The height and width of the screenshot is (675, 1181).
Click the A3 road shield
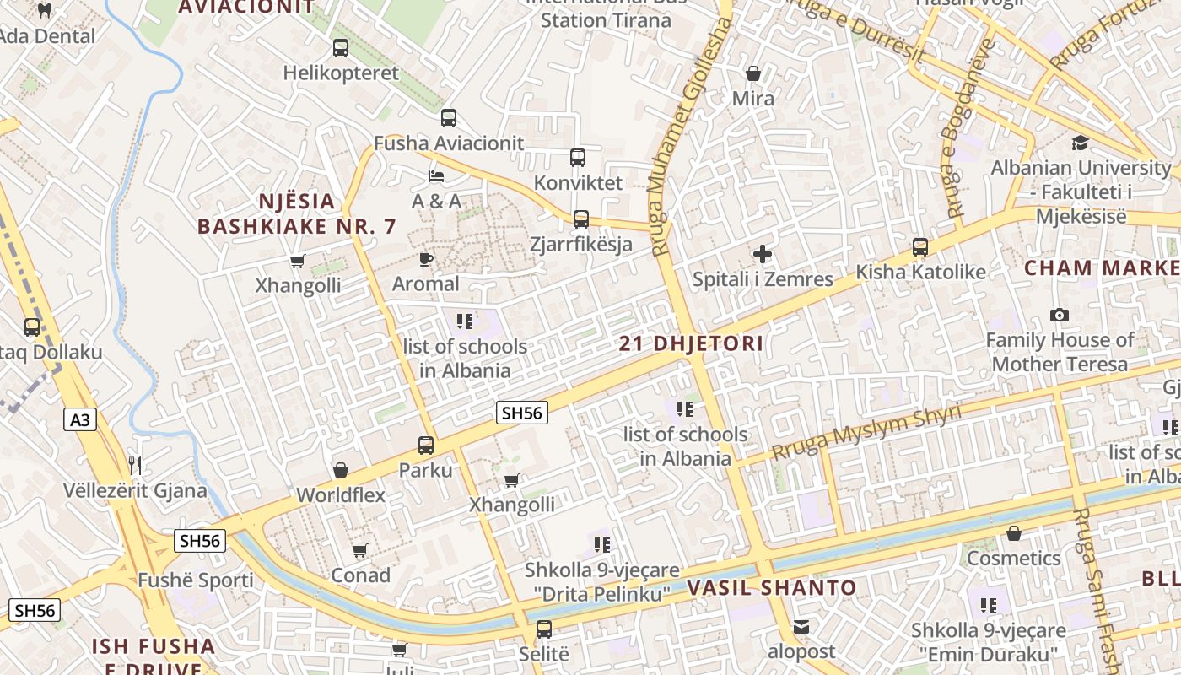point(79,418)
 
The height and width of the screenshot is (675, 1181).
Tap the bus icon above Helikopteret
point(341,48)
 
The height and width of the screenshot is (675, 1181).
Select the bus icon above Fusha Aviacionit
point(449,118)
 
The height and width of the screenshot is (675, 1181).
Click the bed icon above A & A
point(436,176)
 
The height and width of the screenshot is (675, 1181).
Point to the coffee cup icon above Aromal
point(426,259)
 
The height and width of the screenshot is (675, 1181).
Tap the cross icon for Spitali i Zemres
point(763,253)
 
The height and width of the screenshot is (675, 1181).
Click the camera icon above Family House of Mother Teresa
point(1060,315)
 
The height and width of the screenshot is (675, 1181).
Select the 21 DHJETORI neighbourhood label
point(691,343)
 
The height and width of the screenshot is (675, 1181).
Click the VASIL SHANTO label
point(772,588)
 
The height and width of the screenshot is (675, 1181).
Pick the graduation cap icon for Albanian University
point(1080,143)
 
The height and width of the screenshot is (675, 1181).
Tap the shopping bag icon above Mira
point(753,73)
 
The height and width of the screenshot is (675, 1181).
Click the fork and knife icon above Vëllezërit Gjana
point(134,464)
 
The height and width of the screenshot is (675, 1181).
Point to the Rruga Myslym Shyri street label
point(866,433)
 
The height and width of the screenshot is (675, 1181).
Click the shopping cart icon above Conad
point(360,550)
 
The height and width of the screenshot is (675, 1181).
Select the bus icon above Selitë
point(544,629)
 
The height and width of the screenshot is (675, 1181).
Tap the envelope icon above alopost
point(801,627)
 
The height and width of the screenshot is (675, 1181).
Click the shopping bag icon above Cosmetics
point(1014,533)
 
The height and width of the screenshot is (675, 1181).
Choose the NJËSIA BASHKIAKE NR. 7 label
point(296,213)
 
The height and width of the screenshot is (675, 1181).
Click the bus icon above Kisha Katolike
point(920,247)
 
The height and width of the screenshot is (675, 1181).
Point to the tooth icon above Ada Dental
point(46,11)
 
